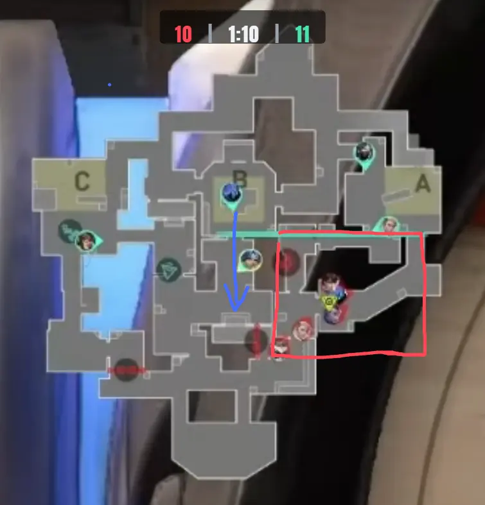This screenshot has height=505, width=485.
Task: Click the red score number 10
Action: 183,34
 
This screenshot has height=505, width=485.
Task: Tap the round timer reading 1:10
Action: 243,34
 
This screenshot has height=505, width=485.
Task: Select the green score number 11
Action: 302,34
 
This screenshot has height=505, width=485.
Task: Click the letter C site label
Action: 82,181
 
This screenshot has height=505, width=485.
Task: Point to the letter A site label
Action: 423,184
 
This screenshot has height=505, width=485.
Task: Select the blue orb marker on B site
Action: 232,195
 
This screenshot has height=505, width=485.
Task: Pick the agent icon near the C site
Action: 87,241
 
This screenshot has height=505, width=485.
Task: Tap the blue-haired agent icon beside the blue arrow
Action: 251,261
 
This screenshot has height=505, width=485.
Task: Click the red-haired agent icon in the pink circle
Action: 303,329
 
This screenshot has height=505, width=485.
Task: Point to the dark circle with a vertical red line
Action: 257,341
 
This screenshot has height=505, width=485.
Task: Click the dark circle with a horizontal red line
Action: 127,370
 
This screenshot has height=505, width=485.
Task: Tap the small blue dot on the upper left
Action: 110,85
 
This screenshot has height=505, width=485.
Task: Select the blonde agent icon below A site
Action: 388,224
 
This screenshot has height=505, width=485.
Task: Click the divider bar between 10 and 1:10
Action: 210,33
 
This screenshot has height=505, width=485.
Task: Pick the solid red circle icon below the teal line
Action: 287,262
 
